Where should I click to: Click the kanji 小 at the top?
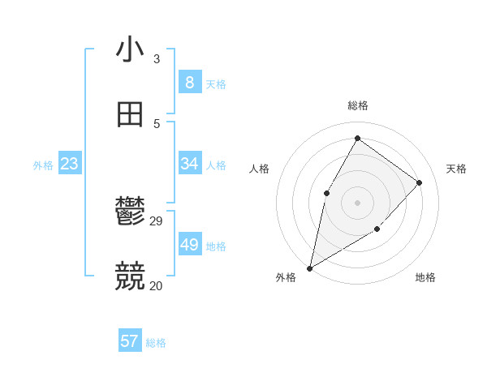pos(131,50)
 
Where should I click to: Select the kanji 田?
pos(131,114)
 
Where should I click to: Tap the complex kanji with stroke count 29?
pos(131,212)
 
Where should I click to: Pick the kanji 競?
pos(131,276)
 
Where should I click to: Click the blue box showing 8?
pos(189,83)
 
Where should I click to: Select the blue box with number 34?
pos(189,164)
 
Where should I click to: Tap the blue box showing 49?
pos(189,245)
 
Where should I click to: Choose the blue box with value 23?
pos(70,165)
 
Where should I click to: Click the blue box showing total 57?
pos(129,341)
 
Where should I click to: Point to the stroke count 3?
pos(157,58)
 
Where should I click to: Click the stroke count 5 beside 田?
pos(157,123)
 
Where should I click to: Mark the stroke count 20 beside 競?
pos(156,285)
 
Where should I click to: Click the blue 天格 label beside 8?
pos(216,84)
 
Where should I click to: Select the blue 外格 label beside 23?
pos(43,165)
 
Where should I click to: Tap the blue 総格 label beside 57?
pos(156,343)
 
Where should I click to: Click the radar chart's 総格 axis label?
pos(357,106)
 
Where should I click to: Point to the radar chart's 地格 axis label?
pos(425,278)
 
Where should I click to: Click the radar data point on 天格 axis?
pos(420,182)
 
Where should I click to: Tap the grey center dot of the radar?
pos(357,202)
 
